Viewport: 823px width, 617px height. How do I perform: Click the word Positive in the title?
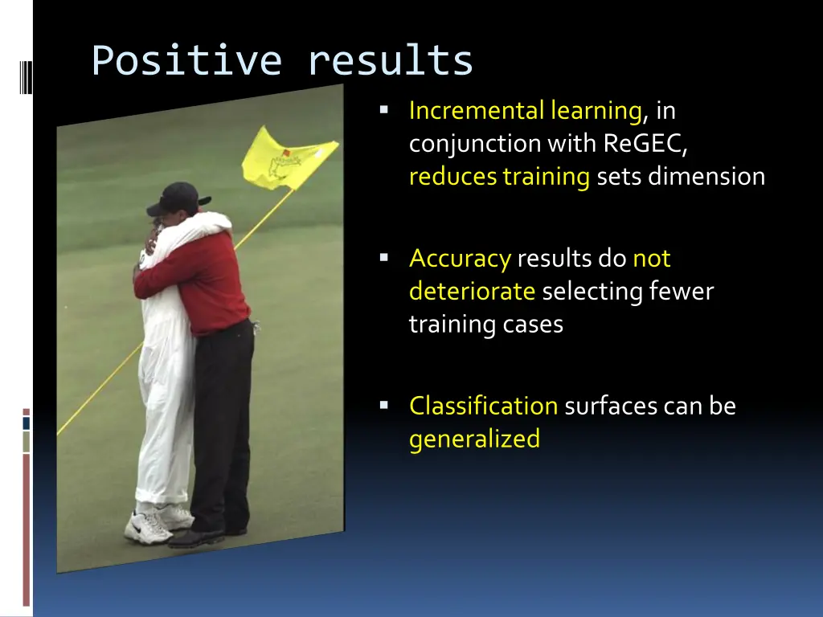tap(186, 61)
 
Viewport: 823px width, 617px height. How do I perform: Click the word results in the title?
tap(391, 61)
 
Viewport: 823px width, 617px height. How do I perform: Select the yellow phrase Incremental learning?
tap(525, 110)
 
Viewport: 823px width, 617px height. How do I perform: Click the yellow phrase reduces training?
tap(499, 176)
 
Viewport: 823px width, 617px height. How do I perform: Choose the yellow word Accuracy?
tap(460, 259)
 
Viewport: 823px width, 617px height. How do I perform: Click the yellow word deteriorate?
tap(472, 291)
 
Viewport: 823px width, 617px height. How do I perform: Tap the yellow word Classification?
tap(483, 406)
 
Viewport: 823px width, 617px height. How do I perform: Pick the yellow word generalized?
tap(474, 439)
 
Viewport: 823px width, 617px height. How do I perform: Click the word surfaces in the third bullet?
tap(611, 406)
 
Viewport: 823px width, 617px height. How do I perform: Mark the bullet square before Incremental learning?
tap(384, 108)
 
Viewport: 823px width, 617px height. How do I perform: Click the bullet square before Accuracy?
tap(384, 257)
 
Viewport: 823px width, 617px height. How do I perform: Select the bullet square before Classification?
tap(384, 404)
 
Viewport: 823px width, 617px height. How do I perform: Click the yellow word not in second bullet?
tap(651, 259)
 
